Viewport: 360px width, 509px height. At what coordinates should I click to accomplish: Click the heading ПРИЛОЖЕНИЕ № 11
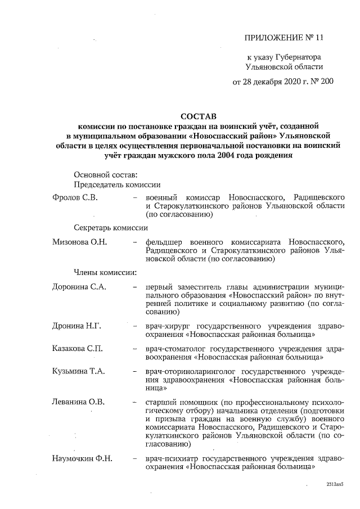click(x=285, y=38)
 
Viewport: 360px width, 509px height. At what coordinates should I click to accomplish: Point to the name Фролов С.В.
click(x=74, y=197)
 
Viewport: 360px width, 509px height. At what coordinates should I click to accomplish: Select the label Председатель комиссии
click(x=117, y=184)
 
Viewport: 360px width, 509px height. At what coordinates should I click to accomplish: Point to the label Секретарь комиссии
click(x=111, y=228)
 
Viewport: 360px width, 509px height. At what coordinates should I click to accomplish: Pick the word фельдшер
click(x=163, y=242)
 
